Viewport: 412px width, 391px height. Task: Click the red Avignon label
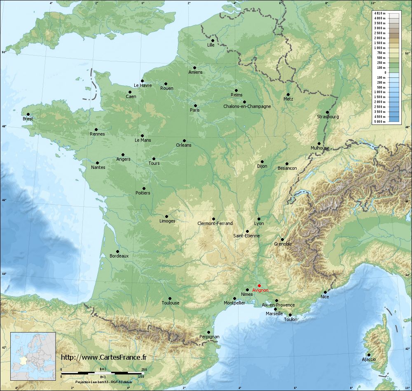[x=260, y=290]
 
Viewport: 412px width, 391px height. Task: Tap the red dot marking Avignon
[x=259, y=286]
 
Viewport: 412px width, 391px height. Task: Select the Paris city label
[x=195, y=110]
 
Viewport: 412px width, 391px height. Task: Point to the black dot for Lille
[x=213, y=40]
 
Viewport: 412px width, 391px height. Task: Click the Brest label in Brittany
[x=28, y=119]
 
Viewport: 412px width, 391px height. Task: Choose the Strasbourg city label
[x=328, y=117]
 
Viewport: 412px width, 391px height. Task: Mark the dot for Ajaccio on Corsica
[x=369, y=355]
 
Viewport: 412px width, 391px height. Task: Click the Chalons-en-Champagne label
[x=247, y=107]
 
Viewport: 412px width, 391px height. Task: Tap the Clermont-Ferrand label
[x=215, y=224]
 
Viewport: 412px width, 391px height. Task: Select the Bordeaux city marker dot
[x=117, y=251]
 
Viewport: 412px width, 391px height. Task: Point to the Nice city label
[x=325, y=297]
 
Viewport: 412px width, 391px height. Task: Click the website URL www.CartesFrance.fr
[x=103, y=358]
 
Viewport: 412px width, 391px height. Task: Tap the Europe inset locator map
[x=33, y=356]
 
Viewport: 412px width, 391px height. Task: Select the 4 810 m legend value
[x=379, y=14]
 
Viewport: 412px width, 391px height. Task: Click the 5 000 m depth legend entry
[x=379, y=122]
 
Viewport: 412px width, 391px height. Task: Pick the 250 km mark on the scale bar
[x=144, y=370]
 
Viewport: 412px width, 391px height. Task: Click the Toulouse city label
[x=171, y=303]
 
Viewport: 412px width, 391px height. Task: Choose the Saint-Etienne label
[x=246, y=236]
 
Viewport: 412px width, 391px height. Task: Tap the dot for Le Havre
[x=142, y=81]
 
